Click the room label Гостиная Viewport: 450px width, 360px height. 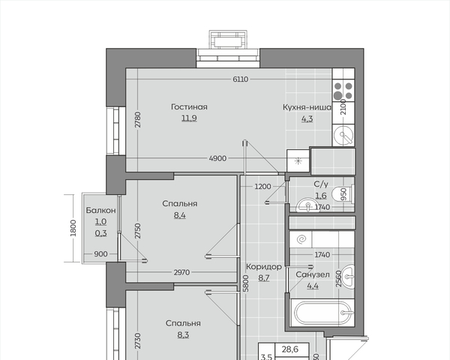pos(189,106)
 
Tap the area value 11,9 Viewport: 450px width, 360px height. pos(189,118)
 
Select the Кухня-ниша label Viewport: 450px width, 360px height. pos(307,107)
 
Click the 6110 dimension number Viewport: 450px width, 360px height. pos(241,79)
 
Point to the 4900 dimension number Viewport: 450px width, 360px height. pos(217,158)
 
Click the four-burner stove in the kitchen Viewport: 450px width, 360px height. pos(343,90)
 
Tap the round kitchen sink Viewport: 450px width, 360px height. pos(343,135)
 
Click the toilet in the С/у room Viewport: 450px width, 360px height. pos(343,194)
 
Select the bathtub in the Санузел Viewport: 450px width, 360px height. pos(322,313)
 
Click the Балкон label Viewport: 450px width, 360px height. pos(100,210)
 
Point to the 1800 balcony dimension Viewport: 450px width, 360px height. pos(73,228)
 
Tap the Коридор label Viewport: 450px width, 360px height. pos(264,267)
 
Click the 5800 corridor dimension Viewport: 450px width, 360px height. pos(246,283)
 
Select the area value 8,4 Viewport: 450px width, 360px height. pos(180,215)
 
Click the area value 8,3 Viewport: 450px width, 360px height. pos(183,334)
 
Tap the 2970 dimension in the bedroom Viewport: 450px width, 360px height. pos(181,272)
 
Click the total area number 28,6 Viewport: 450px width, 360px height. pos(290,349)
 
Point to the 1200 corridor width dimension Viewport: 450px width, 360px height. pos(262,187)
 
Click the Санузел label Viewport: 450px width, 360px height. pos(313,274)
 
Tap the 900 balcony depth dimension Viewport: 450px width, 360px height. pos(100,254)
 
